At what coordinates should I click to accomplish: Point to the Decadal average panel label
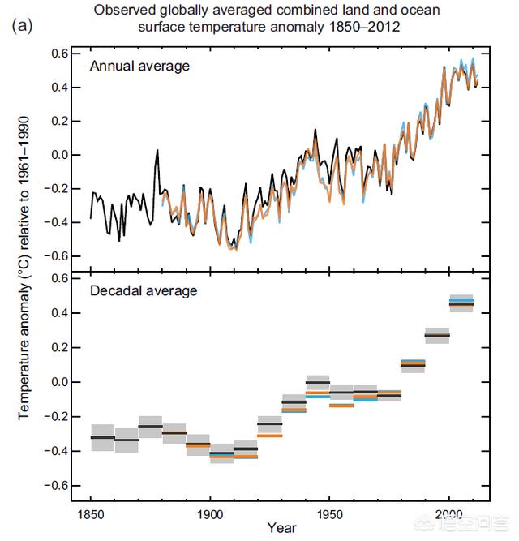(144, 290)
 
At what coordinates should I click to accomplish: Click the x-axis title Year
(282, 528)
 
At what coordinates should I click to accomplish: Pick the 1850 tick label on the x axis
(91, 513)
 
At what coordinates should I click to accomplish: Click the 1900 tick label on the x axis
(210, 513)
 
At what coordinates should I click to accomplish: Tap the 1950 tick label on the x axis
(329, 513)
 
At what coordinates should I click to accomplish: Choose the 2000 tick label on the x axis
(449, 513)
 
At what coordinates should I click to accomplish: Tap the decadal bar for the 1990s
(437, 335)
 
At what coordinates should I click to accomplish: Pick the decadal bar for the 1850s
(102, 437)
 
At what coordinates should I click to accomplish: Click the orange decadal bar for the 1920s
(269, 436)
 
